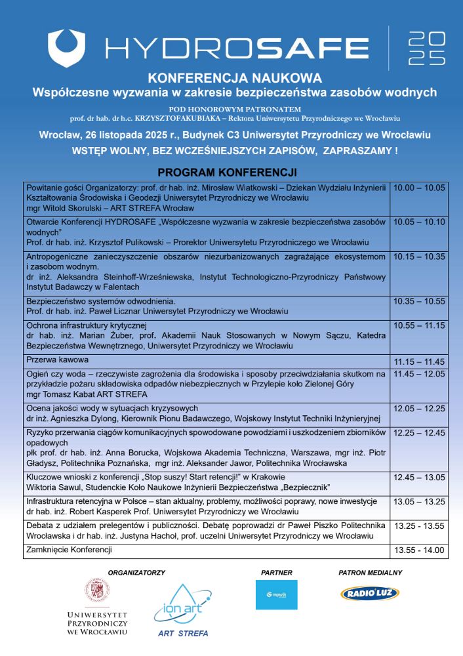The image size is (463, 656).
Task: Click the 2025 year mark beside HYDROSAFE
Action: (426, 47)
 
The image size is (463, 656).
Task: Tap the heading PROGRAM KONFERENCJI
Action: (228, 173)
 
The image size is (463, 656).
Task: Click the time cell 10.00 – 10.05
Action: (419, 187)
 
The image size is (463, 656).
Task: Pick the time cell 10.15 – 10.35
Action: (419, 256)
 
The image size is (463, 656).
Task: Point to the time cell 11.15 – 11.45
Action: (419, 361)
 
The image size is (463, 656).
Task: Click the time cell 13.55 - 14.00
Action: (419, 550)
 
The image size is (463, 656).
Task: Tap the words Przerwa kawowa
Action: (57, 360)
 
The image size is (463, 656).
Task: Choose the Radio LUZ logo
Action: (370, 594)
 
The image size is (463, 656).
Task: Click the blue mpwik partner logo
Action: (276, 594)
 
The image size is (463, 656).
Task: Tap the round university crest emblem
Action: (97, 592)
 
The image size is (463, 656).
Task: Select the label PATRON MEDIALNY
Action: (371, 573)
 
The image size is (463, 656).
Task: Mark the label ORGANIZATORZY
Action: (136, 573)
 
